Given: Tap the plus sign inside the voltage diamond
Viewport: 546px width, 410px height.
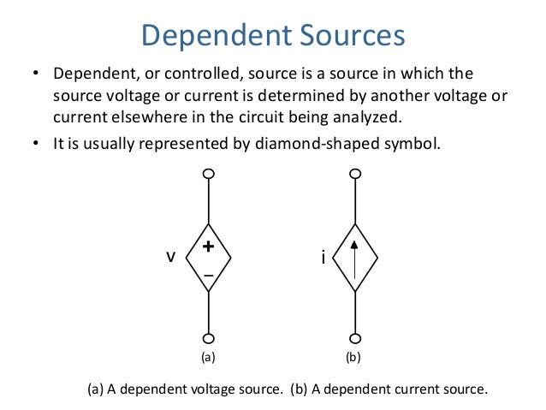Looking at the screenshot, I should click(209, 246).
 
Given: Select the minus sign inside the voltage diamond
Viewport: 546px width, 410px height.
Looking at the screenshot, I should click(209, 276).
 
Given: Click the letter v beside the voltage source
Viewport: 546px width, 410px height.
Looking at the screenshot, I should click(170, 257).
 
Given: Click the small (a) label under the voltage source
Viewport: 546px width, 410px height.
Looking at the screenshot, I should click(209, 359).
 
